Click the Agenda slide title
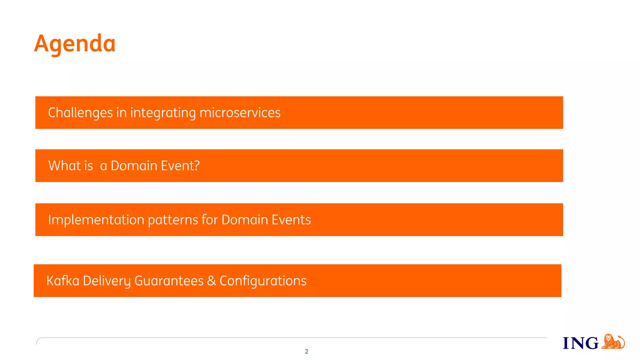tap(75, 43)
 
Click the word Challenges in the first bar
tap(80, 113)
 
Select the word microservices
tap(240, 113)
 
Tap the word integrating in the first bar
tap(163, 113)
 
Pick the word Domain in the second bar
tap(134, 166)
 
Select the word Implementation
tap(96, 220)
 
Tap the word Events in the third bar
tap(291, 220)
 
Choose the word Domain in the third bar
tap(245, 220)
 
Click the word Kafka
tap(63, 281)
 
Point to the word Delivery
tap(107, 281)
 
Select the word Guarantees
tap(169, 281)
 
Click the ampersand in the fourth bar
tap(212, 281)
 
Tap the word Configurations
tap(263, 281)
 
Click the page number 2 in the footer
tap(307, 352)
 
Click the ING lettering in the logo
tap(580, 343)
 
